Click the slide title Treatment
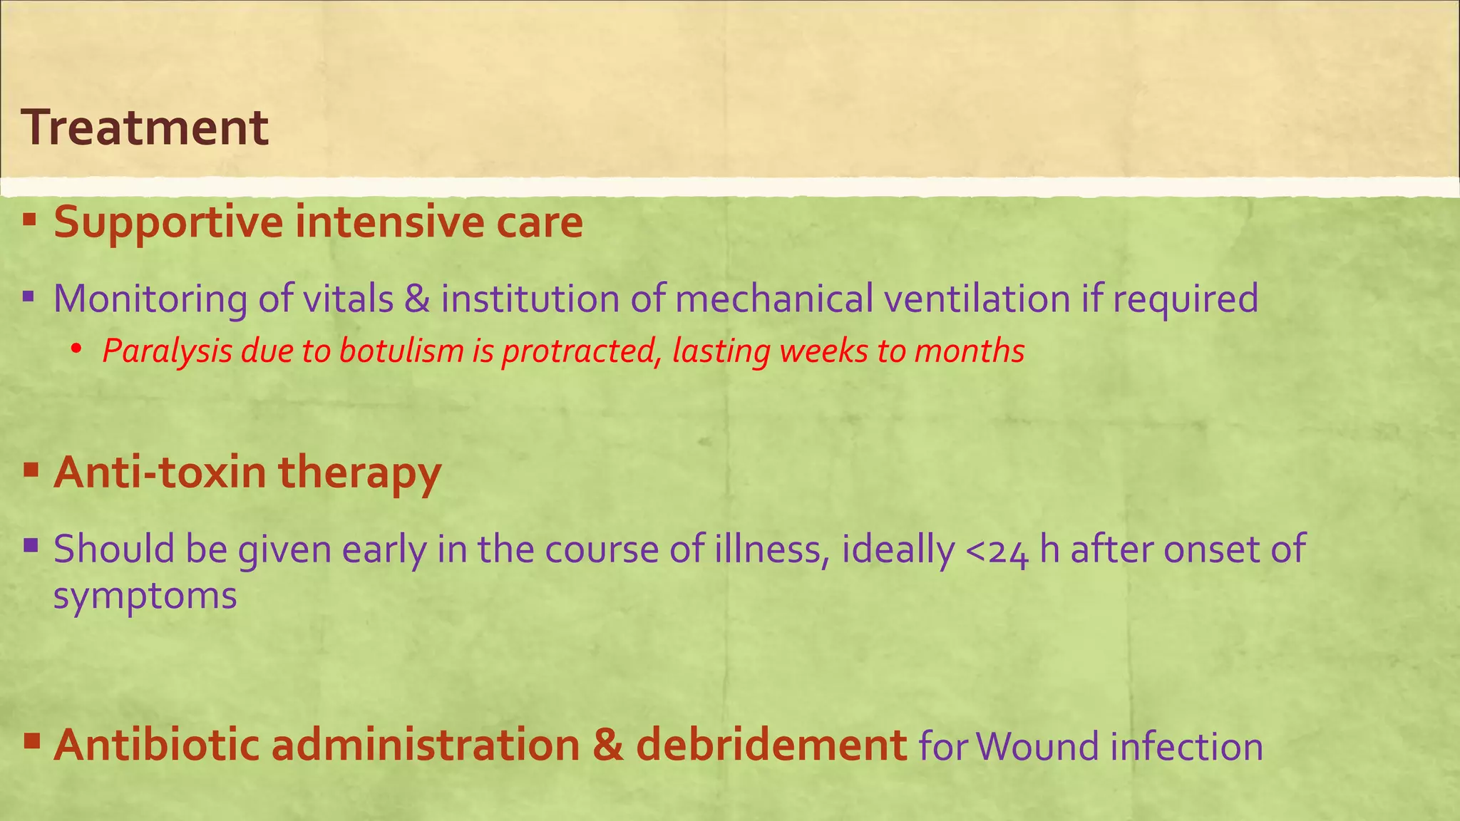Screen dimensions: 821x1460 [x=145, y=128]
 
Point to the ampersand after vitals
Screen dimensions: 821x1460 [x=417, y=298]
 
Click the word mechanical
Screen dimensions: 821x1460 [x=773, y=298]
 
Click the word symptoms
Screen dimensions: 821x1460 [x=145, y=596]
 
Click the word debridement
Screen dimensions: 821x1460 [x=771, y=745]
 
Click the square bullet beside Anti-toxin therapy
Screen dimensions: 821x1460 [x=30, y=470]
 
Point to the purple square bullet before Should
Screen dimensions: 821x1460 [x=30, y=547]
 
